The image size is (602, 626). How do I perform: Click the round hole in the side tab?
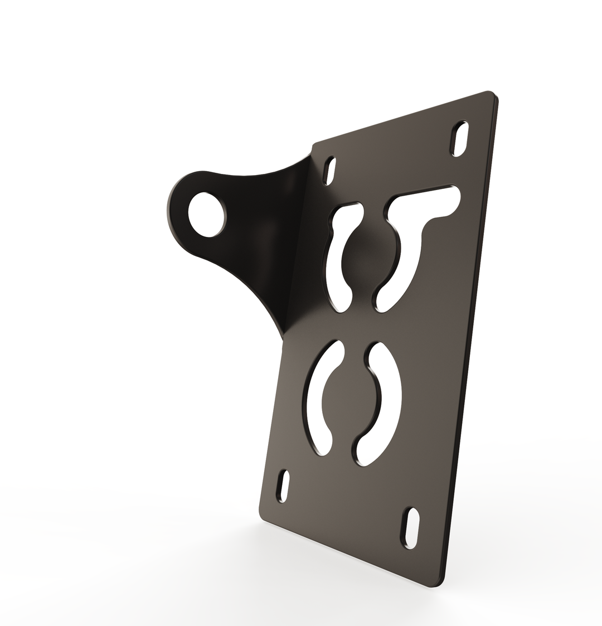click(205, 214)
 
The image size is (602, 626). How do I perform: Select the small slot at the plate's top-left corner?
click(330, 171)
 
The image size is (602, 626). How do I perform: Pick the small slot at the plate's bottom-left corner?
click(284, 486)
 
